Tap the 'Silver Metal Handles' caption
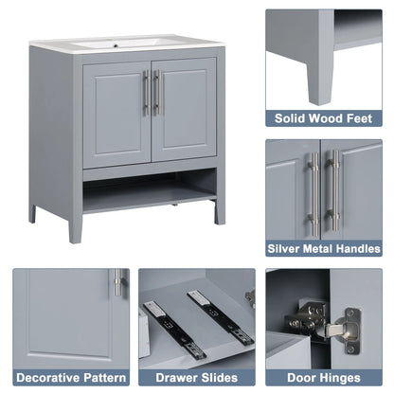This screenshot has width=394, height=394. pos(324,249)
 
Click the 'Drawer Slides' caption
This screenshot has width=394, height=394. pos(196,377)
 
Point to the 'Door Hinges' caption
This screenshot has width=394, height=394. pos(324,377)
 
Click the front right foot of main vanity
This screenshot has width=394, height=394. pos(219,212)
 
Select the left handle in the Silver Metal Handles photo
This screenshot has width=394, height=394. pos(313,193)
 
